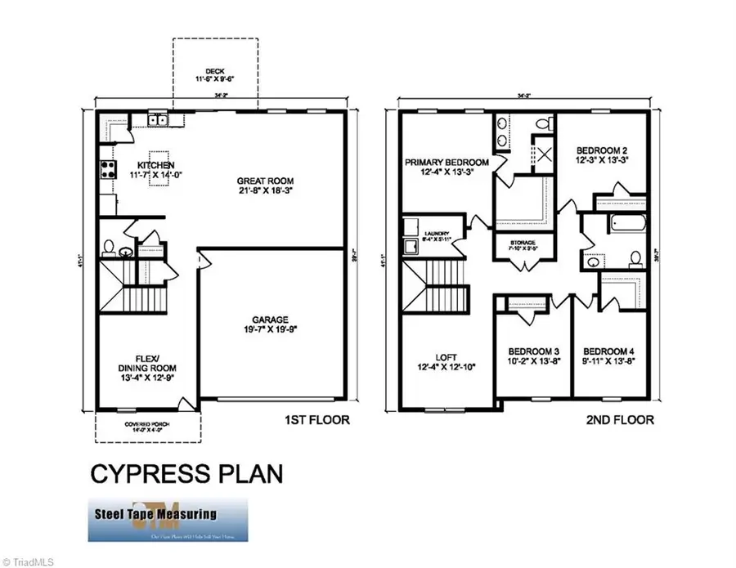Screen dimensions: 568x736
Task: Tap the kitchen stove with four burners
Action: [107, 170]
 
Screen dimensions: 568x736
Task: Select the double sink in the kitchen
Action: [157, 122]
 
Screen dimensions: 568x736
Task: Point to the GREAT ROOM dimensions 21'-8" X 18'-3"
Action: [265, 193]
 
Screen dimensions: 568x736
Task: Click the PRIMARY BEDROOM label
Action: [447, 163]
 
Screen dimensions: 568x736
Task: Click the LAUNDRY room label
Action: [438, 234]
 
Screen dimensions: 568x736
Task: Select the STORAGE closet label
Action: [523, 243]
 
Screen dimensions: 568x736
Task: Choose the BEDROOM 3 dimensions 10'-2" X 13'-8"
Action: [532, 361]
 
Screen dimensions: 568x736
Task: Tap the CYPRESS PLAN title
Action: [185, 473]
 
